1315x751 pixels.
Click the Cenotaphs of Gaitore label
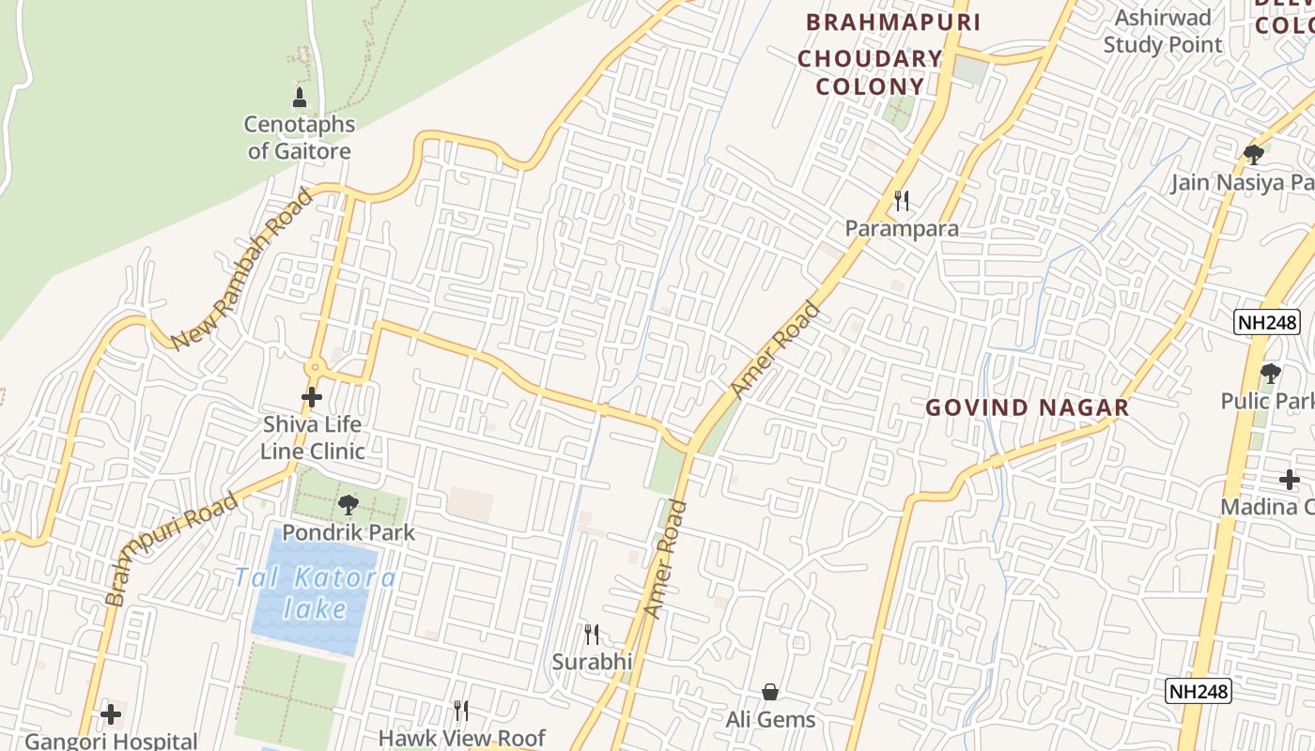click(300, 137)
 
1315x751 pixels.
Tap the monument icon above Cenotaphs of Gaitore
click(300, 97)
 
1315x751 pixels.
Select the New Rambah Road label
click(242, 268)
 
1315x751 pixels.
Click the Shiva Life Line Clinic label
click(313, 437)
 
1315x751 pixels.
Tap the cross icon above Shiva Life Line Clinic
click(312, 397)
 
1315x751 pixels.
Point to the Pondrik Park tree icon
click(348, 504)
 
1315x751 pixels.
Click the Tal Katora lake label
click(316, 592)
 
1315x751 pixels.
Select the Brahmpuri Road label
click(171, 549)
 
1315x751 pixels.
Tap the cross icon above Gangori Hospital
click(111, 714)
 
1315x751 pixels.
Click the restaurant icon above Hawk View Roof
click(460, 710)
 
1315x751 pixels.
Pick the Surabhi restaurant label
click(592, 662)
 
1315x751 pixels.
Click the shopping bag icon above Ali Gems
click(770, 693)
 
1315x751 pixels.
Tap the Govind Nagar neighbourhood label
click(1027, 407)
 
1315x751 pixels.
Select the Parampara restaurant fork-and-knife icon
click(902, 200)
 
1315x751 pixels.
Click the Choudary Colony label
click(870, 72)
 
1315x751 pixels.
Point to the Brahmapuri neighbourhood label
click(893, 23)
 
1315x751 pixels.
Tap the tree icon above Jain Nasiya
click(1253, 155)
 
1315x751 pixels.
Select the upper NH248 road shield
click(1266, 323)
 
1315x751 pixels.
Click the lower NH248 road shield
click(1199, 692)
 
